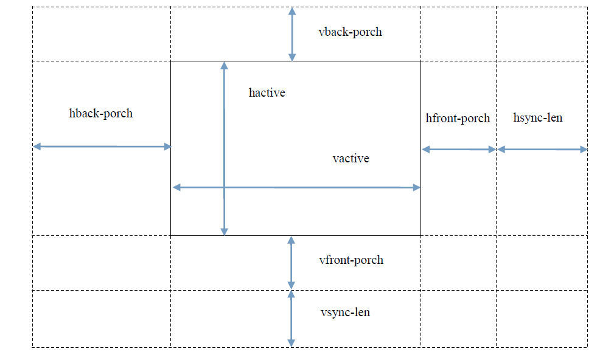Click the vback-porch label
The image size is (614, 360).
coord(350,32)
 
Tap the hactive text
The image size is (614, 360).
coord(267,93)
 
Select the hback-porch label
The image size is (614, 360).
coord(101,114)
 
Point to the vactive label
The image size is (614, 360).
coord(351,159)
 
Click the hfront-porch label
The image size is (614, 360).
coord(458,118)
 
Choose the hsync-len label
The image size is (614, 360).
coord(538,118)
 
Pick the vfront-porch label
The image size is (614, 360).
coord(351,260)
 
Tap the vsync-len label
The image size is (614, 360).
coord(346,312)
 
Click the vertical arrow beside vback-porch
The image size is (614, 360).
coord(292,35)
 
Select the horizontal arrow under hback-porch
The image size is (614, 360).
coord(102,147)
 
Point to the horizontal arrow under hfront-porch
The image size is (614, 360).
coord(459,150)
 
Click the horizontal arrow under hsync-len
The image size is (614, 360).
coord(542,150)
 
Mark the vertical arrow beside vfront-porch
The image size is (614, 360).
coord(291,263)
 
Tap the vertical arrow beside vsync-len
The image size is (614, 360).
coord(291,319)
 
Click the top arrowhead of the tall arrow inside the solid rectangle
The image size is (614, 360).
coord(224,65)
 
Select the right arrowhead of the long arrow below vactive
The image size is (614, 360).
coord(417,188)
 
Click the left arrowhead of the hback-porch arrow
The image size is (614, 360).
coord(37,147)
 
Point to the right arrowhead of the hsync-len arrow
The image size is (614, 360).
coord(584,150)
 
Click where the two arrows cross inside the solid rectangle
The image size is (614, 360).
coord(224,188)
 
